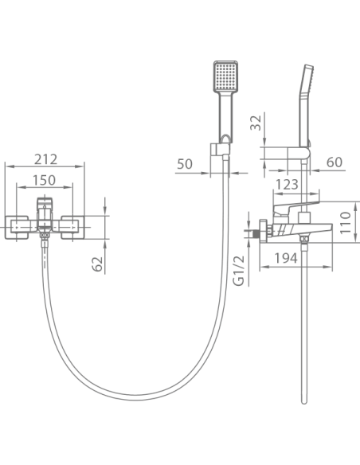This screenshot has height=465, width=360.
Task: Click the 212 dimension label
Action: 45,159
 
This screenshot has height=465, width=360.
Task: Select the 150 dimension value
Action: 44,180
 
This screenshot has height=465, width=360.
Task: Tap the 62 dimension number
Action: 97,264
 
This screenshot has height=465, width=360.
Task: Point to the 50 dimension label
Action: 185,164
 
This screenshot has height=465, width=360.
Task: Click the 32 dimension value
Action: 256,123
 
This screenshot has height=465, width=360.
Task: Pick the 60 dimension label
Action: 335,162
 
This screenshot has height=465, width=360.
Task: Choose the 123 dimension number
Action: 287,184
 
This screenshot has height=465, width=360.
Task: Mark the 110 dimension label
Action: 345,223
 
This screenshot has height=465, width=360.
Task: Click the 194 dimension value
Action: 286,258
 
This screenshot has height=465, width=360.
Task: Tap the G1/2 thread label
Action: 239,270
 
